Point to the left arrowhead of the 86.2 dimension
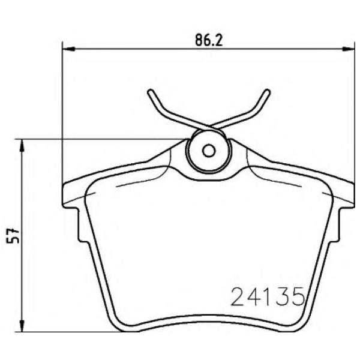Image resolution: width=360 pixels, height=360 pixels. (x=66, y=48)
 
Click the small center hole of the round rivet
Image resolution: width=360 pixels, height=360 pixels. (x=208, y=151)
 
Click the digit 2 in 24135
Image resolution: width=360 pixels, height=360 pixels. (x=239, y=296)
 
